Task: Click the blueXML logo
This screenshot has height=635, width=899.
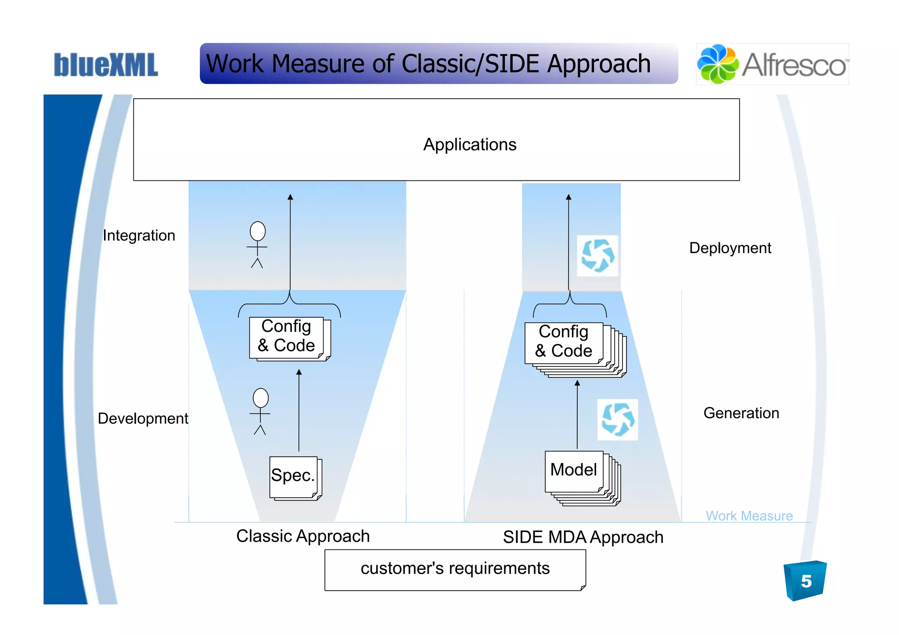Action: click(105, 65)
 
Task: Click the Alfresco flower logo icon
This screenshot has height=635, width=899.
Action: click(717, 64)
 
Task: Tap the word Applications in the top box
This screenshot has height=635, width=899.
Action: click(470, 144)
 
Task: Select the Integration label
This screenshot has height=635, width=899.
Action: click(139, 236)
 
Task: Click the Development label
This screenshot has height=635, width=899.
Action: click(143, 419)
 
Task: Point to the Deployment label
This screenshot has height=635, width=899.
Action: click(730, 248)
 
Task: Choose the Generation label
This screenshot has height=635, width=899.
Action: click(741, 413)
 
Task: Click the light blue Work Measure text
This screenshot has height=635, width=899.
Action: click(749, 516)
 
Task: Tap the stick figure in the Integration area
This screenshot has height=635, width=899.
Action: click(257, 244)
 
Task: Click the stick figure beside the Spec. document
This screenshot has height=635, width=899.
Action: click(260, 411)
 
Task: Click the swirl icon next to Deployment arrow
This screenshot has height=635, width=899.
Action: click(597, 255)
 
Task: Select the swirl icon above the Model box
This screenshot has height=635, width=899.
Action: click(618, 420)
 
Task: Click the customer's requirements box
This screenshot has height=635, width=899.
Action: click(455, 569)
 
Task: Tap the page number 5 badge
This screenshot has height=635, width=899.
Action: click(806, 581)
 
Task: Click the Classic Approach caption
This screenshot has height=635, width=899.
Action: click(303, 536)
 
